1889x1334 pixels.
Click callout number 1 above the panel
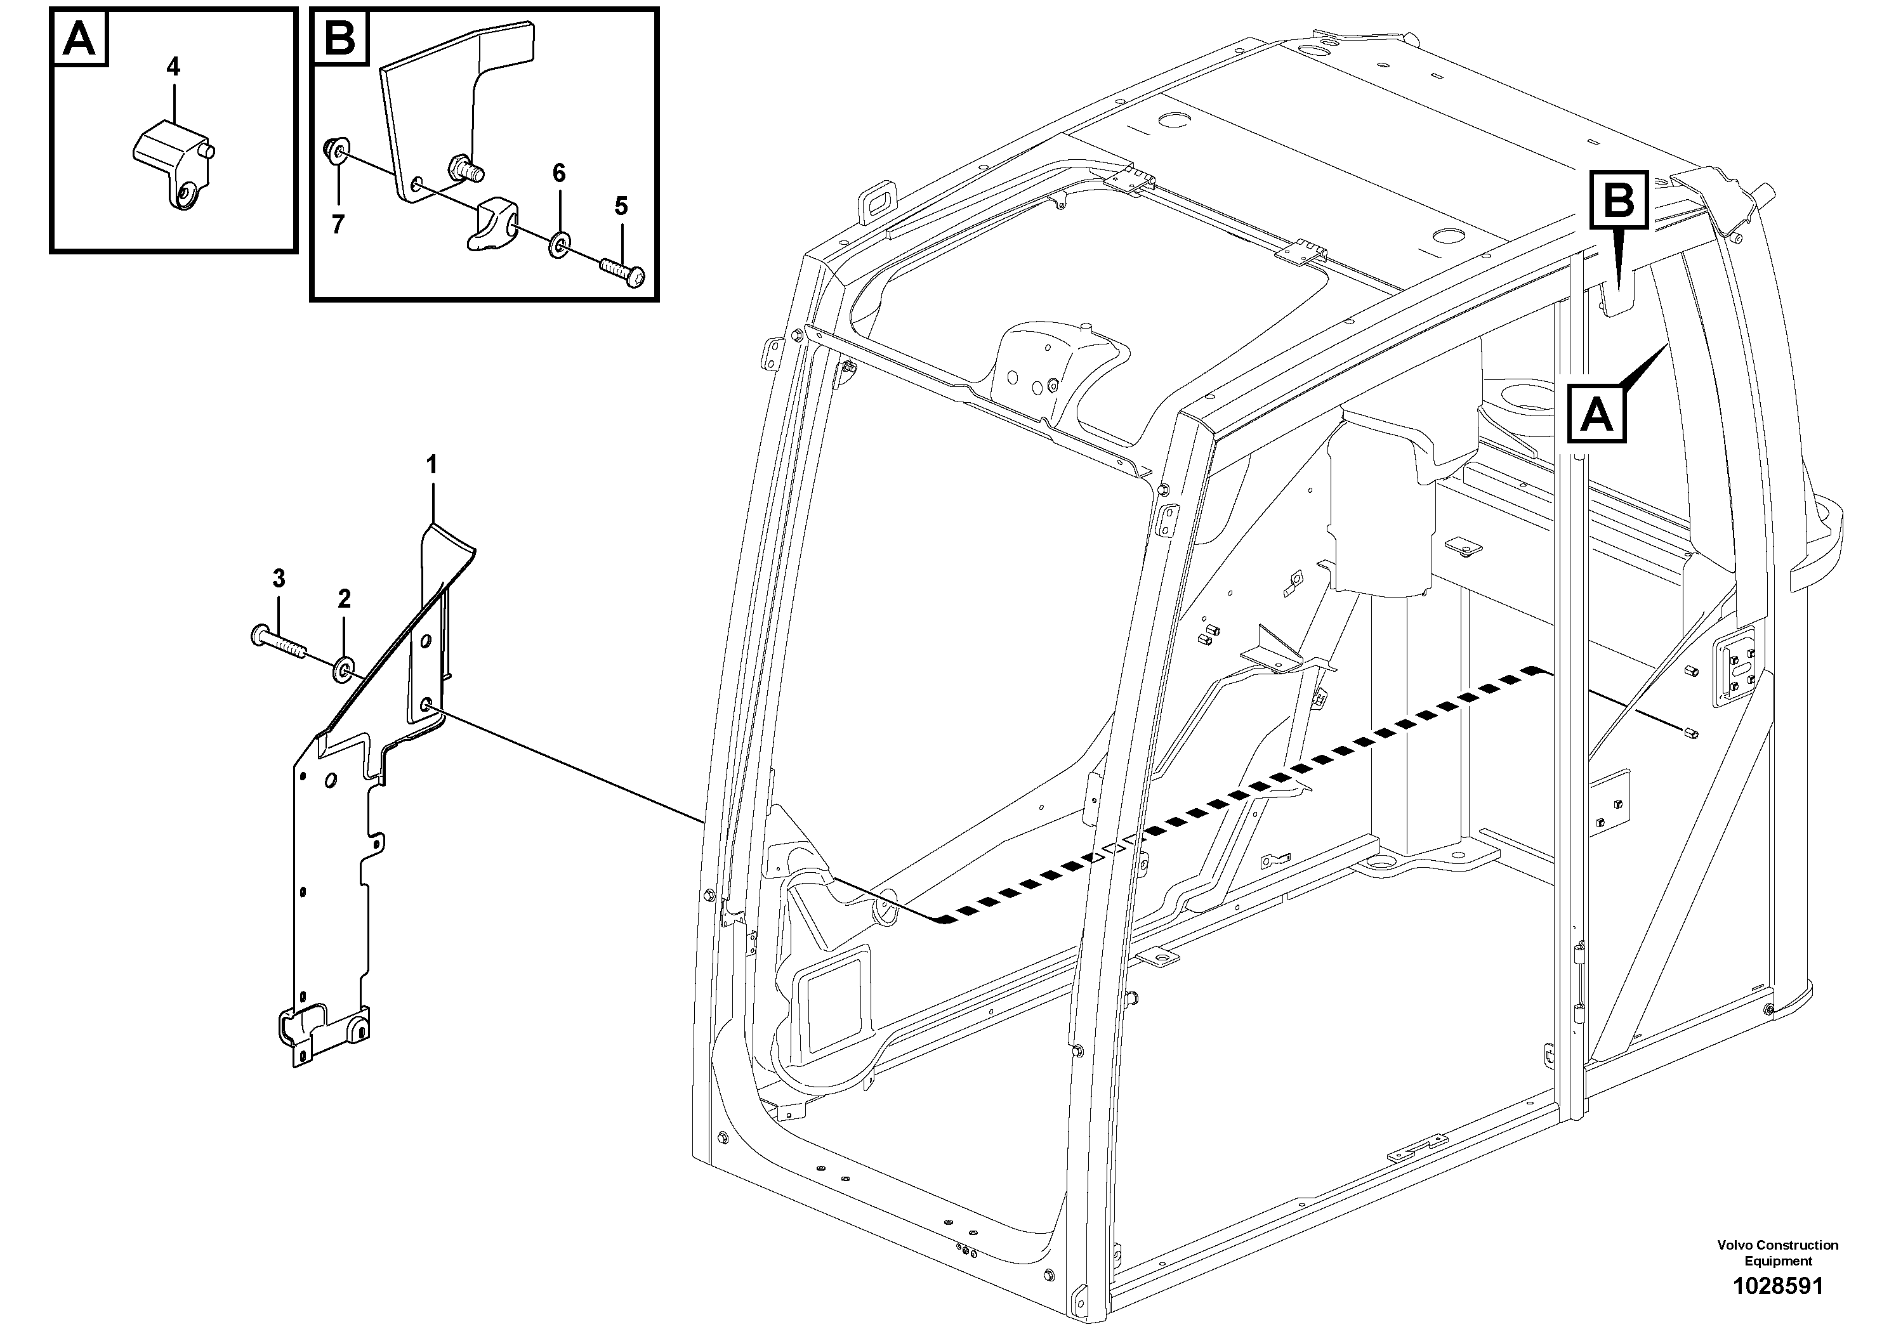[x=431, y=466]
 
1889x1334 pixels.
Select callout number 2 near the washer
[x=344, y=599]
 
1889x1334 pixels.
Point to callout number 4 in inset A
[x=173, y=67]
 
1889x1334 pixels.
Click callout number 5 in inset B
[x=621, y=206]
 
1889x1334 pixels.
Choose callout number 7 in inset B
[x=338, y=225]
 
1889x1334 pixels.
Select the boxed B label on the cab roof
[x=1618, y=200]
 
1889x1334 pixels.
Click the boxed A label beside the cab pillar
[x=1597, y=414]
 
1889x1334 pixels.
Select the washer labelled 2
[x=343, y=670]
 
